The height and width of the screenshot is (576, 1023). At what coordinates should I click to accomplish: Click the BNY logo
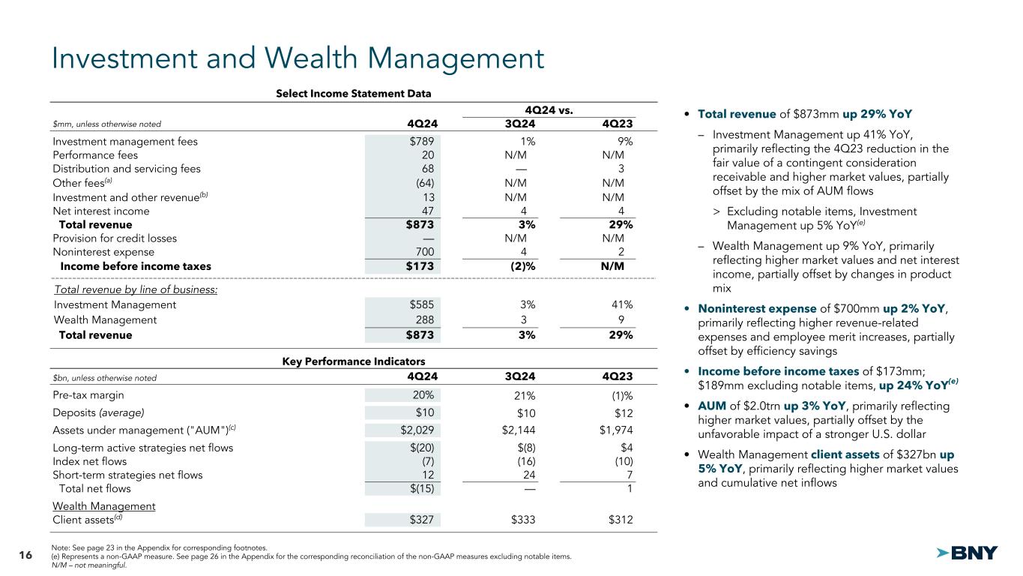[967, 553]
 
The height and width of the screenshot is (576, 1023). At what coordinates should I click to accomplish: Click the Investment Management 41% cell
[621, 305]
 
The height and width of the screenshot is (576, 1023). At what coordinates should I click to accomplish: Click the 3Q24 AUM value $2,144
[517, 430]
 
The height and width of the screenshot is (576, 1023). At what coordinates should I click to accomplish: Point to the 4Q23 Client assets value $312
[618, 520]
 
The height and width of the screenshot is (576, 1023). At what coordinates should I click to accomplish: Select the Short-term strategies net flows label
[127, 475]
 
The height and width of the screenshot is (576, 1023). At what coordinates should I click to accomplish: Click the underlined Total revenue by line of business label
[136, 289]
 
